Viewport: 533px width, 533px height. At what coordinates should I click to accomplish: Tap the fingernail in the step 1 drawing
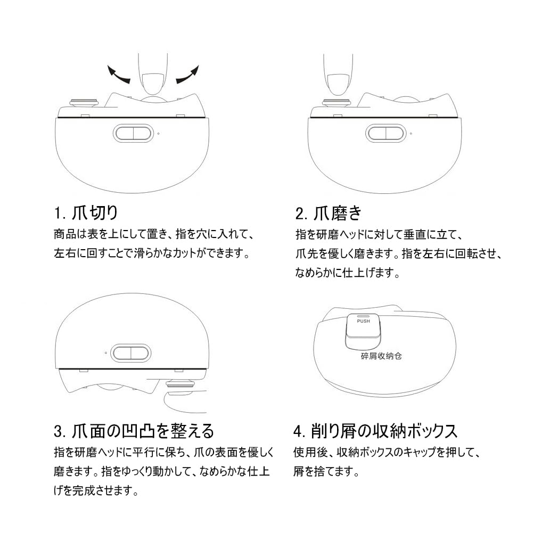click(x=153, y=84)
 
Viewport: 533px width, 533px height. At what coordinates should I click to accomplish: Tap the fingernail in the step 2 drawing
click(x=338, y=84)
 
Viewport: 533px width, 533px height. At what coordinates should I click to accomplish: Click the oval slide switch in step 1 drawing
click(x=133, y=133)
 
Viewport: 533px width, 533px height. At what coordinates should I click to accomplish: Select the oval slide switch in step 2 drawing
click(x=386, y=133)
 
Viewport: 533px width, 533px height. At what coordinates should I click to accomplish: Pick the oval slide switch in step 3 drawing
click(x=131, y=353)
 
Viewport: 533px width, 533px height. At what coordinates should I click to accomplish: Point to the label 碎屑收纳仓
click(x=381, y=356)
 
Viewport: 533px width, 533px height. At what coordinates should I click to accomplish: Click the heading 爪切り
click(x=95, y=213)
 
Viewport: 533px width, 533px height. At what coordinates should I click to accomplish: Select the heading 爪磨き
click(x=338, y=213)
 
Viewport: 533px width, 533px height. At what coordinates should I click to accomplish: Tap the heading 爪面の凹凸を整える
click(x=143, y=431)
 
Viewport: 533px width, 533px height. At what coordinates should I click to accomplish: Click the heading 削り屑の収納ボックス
click(x=384, y=431)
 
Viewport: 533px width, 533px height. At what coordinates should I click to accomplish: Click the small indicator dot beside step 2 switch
click(x=411, y=134)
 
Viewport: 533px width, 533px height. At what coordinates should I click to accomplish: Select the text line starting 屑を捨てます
click(x=326, y=471)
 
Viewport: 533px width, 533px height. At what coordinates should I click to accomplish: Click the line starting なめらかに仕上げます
click(x=347, y=273)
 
